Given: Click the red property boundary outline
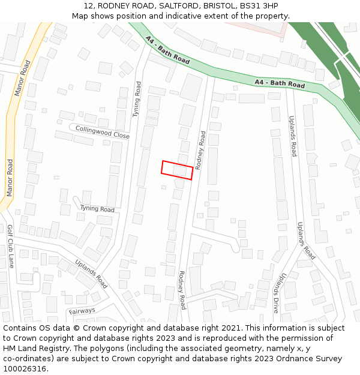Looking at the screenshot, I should (177, 170).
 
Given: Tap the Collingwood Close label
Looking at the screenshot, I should (103, 132).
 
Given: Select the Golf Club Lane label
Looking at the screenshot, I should (10, 246).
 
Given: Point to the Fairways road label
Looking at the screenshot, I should (82, 311).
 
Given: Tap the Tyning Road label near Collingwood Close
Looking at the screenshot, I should (137, 99).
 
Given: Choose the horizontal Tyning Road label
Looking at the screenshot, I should (97, 209).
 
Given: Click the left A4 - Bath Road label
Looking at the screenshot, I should (167, 50).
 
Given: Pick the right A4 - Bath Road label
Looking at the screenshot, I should (280, 84).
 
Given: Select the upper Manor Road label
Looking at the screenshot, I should (22, 78).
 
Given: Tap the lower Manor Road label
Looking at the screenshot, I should (10, 178).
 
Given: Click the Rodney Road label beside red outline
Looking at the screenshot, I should (201, 149).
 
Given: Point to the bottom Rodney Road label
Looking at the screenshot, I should (182, 290).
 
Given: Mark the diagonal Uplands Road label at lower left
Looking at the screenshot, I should (91, 274).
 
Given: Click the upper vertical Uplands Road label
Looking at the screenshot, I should (292, 136).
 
